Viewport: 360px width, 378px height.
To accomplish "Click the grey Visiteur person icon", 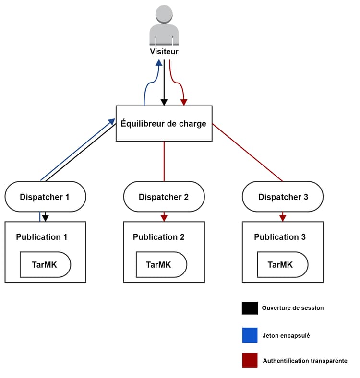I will (x=164, y=25).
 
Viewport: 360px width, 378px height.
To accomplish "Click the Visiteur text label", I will (x=164, y=51).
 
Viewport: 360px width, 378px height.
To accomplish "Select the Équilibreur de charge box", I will (x=164, y=124).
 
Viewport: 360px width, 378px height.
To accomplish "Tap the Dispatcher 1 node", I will (x=45, y=197).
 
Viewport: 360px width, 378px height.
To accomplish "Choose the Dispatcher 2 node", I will (x=164, y=197).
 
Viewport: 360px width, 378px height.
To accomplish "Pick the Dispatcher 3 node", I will (x=283, y=197).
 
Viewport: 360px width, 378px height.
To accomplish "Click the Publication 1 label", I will (x=42, y=237).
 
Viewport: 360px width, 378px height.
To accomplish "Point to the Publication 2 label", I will (x=159, y=237).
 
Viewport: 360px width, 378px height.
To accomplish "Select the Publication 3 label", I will (x=280, y=237).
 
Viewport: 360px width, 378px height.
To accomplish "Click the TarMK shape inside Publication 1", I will (x=45, y=265).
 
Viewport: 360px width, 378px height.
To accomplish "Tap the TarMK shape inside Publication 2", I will (x=161, y=265).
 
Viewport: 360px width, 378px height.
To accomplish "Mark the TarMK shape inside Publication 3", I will (x=282, y=265).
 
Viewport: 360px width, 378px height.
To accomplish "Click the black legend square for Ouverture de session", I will (x=250, y=308).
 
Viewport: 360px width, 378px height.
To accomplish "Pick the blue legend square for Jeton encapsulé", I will (x=250, y=335).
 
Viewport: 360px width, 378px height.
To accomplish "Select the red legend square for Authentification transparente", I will (x=250, y=360).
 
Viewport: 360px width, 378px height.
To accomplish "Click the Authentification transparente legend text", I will (x=305, y=360).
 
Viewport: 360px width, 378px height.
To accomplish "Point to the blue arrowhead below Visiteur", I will (x=158, y=63).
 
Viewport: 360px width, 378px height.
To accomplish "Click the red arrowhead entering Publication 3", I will (x=283, y=218).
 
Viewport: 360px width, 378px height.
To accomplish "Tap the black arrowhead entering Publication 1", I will (x=46, y=218).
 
